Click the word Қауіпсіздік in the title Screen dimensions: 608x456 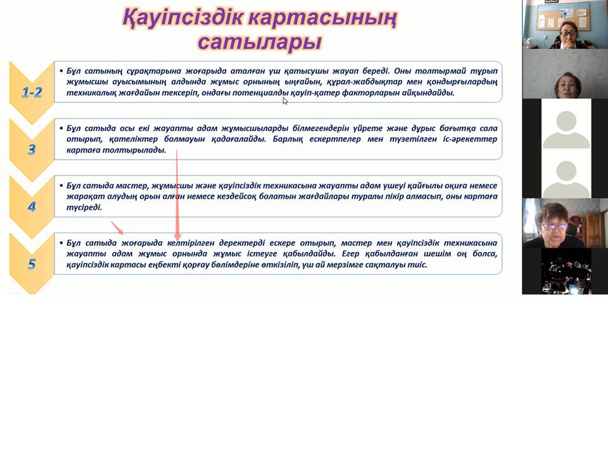coord(182,18)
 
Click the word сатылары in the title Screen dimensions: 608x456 coord(260,42)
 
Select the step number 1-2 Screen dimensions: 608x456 coord(32,92)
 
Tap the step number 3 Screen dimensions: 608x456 coord(32,149)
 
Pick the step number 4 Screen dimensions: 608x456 coord(32,206)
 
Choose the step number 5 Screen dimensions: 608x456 coord(32,264)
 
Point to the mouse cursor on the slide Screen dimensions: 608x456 coord(285,101)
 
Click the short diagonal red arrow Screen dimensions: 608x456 coord(117,228)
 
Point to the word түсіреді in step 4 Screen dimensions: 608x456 coord(84,208)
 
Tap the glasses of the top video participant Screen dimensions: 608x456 coord(569,34)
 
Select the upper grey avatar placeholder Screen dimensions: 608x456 coord(566,129)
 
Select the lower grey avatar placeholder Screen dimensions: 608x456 coord(566,179)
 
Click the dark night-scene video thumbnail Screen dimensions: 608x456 coord(566,271)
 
